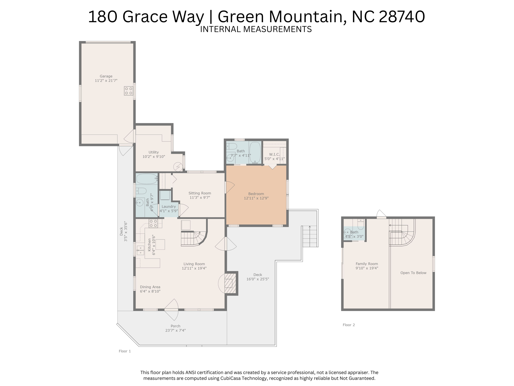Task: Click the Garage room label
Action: (106, 76)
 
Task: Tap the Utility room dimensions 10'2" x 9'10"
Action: (154, 157)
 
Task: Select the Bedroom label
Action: (256, 194)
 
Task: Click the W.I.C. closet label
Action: (274, 154)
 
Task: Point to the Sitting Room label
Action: (200, 193)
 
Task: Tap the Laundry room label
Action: (169, 207)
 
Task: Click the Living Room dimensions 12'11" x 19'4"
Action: (194, 268)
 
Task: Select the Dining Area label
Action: (150, 287)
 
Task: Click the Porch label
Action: (175, 326)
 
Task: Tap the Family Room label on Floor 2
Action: (367, 264)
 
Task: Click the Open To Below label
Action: (413, 273)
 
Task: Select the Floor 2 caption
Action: (349, 325)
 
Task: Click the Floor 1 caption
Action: (125, 351)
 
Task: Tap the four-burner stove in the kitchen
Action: (153, 223)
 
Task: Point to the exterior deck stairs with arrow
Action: (310, 236)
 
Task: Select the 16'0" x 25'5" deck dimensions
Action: (258, 279)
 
